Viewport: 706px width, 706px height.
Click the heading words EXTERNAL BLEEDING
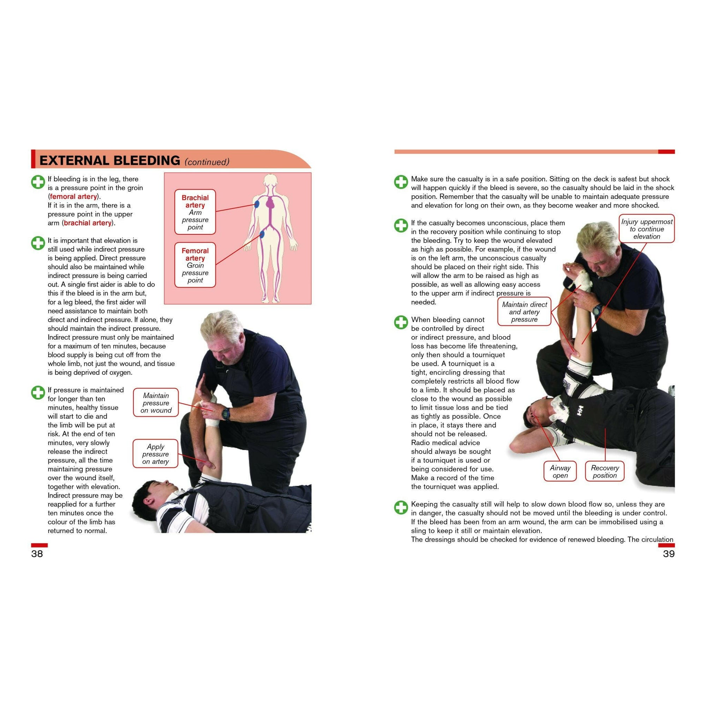click(110, 160)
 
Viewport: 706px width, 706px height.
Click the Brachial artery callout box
click(195, 212)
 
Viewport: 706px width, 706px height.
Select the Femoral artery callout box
click(195, 265)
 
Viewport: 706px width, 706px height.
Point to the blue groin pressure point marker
click(262, 234)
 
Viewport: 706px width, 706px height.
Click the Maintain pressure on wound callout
click(156, 403)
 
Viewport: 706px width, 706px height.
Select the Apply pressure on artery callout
click(156, 454)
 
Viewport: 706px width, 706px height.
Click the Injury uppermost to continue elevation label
click(646, 229)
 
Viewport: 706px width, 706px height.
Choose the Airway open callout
click(560, 471)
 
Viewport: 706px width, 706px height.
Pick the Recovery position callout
click(605, 471)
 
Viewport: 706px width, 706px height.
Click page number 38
click(37, 554)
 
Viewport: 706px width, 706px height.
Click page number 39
click(668, 554)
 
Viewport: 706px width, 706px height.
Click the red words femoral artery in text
click(73, 197)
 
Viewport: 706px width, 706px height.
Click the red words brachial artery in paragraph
click(87, 223)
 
